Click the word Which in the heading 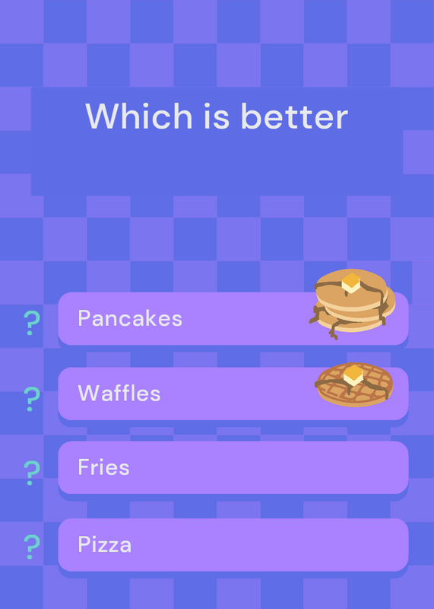pyautogui.click(x=139, y=116)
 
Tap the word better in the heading pyautogui.click(x=294, y=116)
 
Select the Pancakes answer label pyautogui.click(x=130, y=318)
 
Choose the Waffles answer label pyautogui.click(x=119, y=393)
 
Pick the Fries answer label pyautogui.click(x=103, y=467)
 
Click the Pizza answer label pyautogui.click(x=105, y=544)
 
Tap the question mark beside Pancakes pyautogui.click(x=32, y=323)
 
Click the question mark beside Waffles pyautogui.click(x=32, y=399)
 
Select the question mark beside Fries pyautogui.click(x=32, y=473)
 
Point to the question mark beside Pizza pyautogui.click(x=32, y=547)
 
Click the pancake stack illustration pyautogui.click(x=352, y=304)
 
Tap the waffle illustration pyautogui.click(x=354, y=385)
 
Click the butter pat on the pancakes pyautogui.click(x=351, y=282)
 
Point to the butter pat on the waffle pyautogui.click(x=353, y=375)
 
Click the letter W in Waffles pyautogui.click(x=89, y=393)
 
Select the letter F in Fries pyautogui.click(x=84, y=467)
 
